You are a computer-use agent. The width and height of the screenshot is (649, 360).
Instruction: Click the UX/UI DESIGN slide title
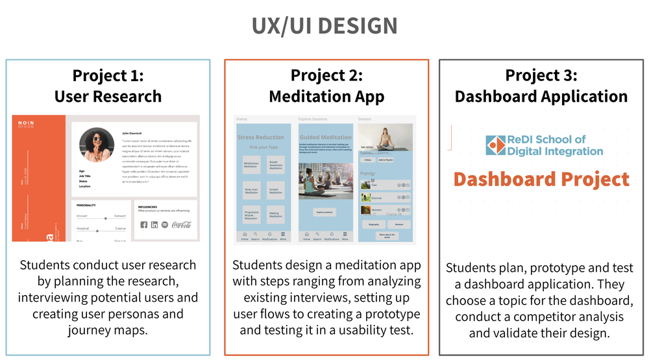pos(324,26)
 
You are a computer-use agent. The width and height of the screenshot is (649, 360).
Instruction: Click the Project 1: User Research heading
pos(108,86)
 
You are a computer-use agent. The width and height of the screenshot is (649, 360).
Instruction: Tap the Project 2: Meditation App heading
pos(326,86)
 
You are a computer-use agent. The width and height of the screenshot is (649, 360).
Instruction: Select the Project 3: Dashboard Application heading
pos(541,86)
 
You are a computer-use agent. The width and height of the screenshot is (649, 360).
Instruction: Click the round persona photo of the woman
pos(96,144)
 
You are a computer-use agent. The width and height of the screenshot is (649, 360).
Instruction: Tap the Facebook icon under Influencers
pos(143,224)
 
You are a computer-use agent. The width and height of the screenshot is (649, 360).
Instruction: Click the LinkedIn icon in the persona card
pos(154,224)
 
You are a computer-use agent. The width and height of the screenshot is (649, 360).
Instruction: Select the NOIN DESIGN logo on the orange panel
pos(25,124)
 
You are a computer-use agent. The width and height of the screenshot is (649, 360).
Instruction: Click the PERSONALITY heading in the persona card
pos(86,205)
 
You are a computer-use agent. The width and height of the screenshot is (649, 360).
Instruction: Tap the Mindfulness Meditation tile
pos(251,165)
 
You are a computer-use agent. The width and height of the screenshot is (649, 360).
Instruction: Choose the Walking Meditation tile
pos(275,215)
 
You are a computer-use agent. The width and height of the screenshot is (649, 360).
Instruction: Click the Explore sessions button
pos(326,212)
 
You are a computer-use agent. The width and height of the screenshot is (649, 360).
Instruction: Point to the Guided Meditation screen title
pos(326,137)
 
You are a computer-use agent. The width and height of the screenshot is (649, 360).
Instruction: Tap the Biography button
pos(374,224)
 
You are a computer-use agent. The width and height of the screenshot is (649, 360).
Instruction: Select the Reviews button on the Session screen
pos(398,224)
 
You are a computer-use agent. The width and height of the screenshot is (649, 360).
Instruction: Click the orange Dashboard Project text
pos(541,179)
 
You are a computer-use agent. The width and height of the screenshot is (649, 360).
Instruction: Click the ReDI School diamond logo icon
pos(496,145)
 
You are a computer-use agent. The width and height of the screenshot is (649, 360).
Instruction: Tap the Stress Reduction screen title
pos(260,137)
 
